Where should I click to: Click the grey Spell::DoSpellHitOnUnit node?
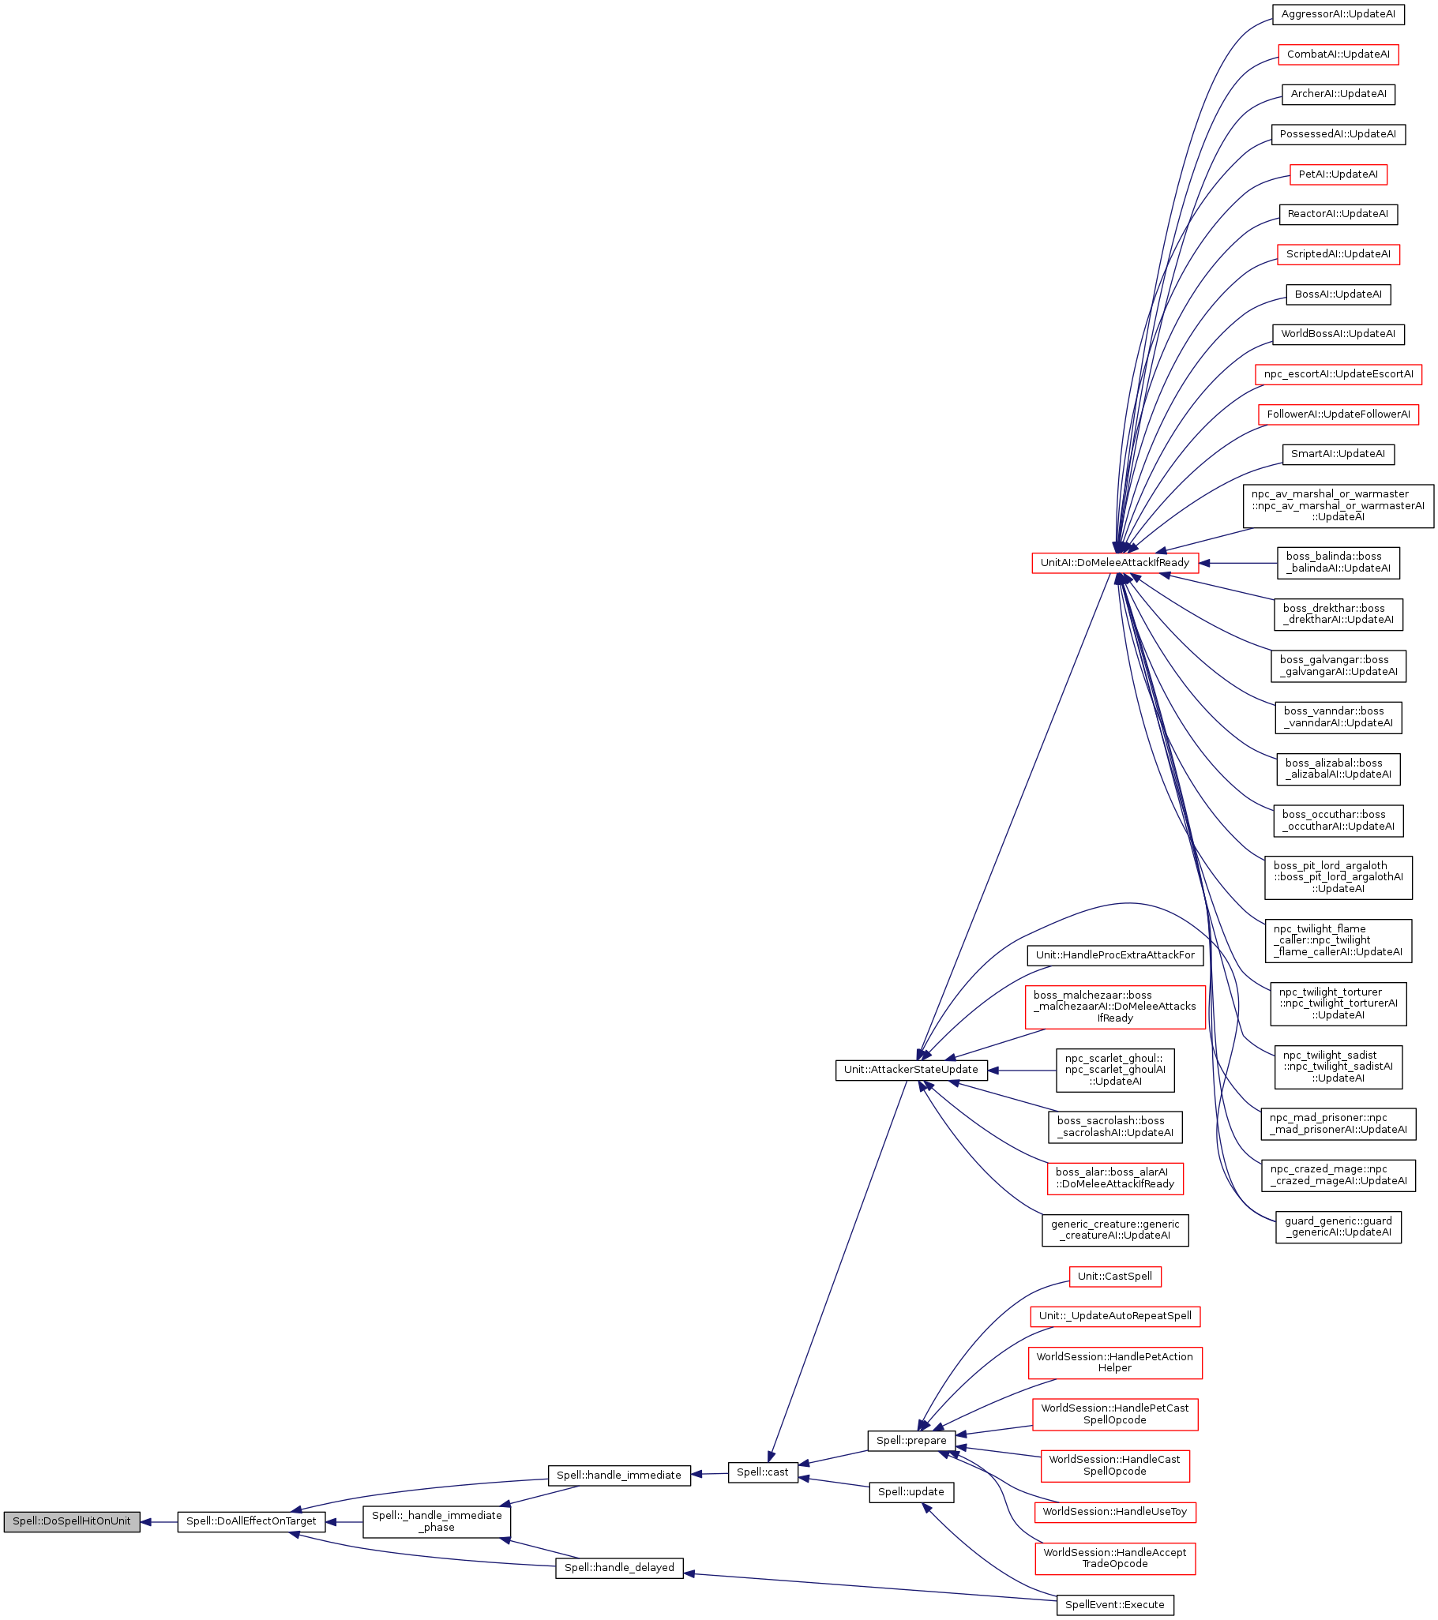71,1521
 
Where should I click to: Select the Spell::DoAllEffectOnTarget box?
250,1521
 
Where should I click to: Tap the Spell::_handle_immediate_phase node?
436,1521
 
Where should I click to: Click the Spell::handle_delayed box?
618,1567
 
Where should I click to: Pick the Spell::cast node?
762,1472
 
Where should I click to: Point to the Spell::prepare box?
910,1440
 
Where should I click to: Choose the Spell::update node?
910,1491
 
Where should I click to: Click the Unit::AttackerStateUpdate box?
910,1069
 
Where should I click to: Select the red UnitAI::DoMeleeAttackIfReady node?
1113,563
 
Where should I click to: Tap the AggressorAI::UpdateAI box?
1338,14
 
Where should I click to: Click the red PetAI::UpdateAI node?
1338,174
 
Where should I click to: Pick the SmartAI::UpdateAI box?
1338,454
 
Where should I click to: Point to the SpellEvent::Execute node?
1113,1604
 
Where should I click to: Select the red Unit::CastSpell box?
1113,1276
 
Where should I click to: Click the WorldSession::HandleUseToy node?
1113,1511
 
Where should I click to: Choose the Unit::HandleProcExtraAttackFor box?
1113,955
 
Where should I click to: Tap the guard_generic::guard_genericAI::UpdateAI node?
1338,1226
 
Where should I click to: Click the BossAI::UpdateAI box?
1338,294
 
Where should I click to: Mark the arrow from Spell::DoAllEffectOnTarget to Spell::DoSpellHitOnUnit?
159,1522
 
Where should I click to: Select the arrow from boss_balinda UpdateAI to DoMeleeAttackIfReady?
1237,564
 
